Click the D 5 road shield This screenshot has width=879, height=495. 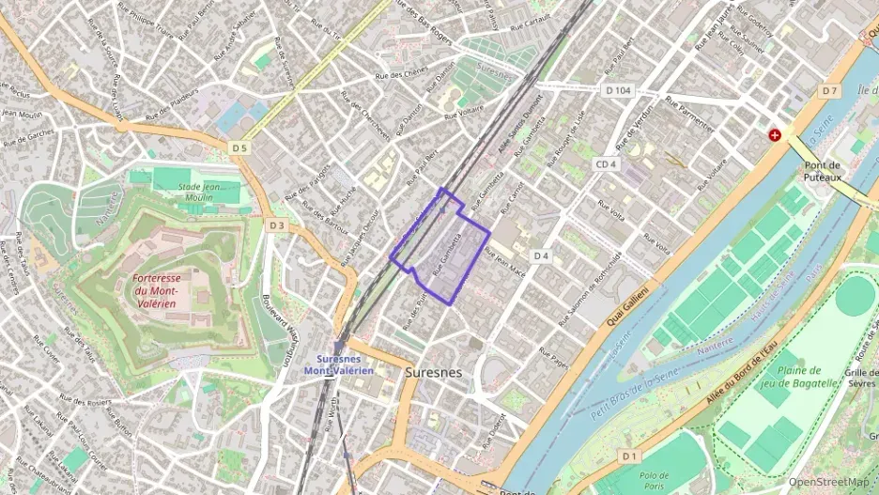[x=240, y=147]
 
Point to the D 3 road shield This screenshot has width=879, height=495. [x=276, y=225]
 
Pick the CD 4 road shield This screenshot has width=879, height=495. [x=606, y=164]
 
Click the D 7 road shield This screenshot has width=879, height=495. [x=828, y=91]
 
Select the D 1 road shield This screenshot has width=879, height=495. [x=629, y=456]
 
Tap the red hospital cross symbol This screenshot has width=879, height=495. [x=775, y=135]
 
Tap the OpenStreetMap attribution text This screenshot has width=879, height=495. [x=828, y=483]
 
